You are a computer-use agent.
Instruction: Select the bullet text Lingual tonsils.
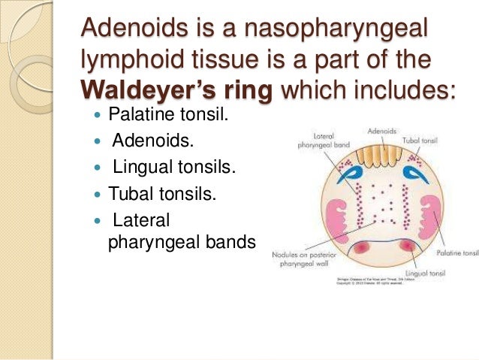tap(173, 168)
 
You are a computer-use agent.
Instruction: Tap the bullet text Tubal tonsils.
tap(162, 194)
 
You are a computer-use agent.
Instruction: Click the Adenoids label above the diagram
tap(382, 131)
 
